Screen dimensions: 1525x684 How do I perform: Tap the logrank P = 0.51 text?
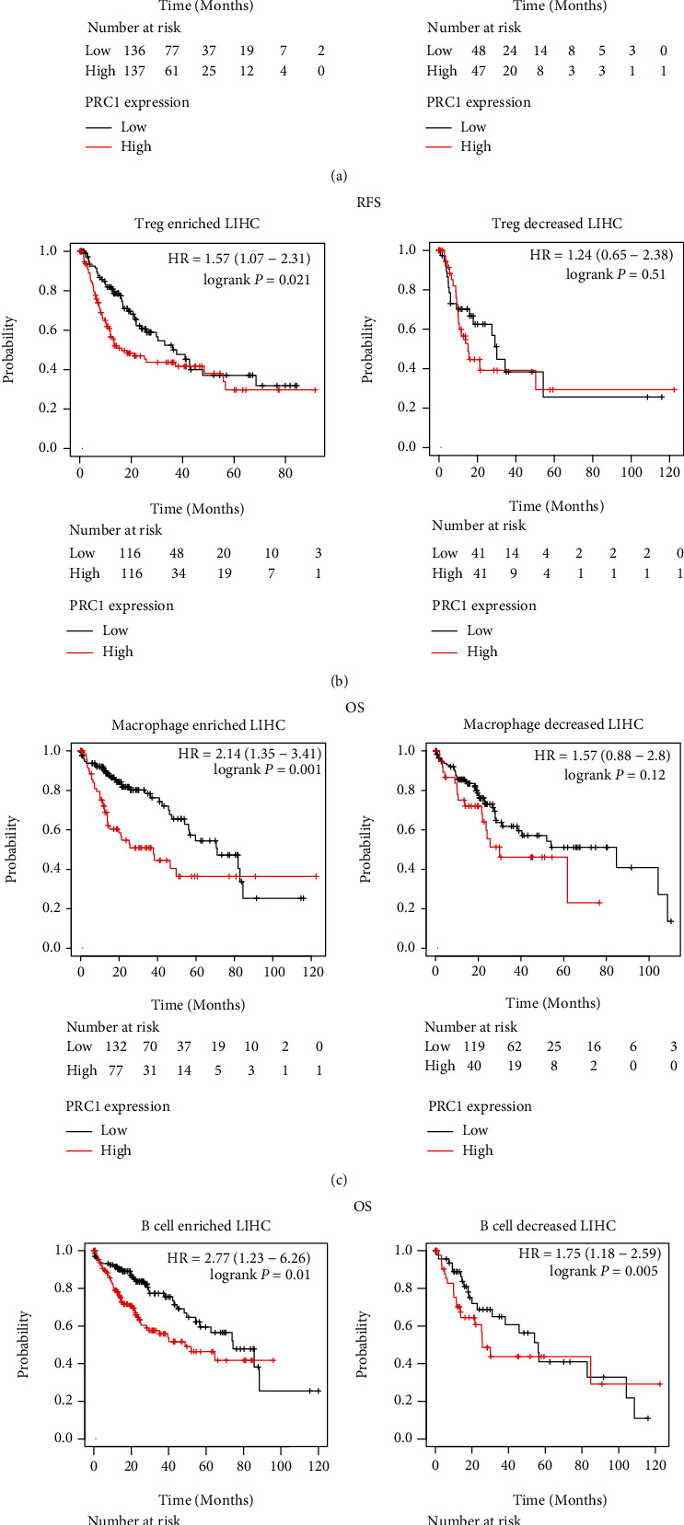[616, 274]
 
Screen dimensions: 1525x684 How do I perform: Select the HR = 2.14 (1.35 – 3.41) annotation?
[249, 755]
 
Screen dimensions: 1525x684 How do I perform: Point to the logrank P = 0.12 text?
[614, 775]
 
